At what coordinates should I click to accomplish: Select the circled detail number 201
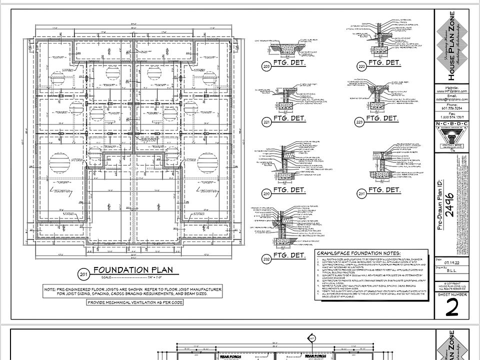click(x=83, y=274)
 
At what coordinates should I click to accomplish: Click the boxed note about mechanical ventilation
click(x=135, y=302)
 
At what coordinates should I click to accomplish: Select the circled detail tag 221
click(x=266, y=121)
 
